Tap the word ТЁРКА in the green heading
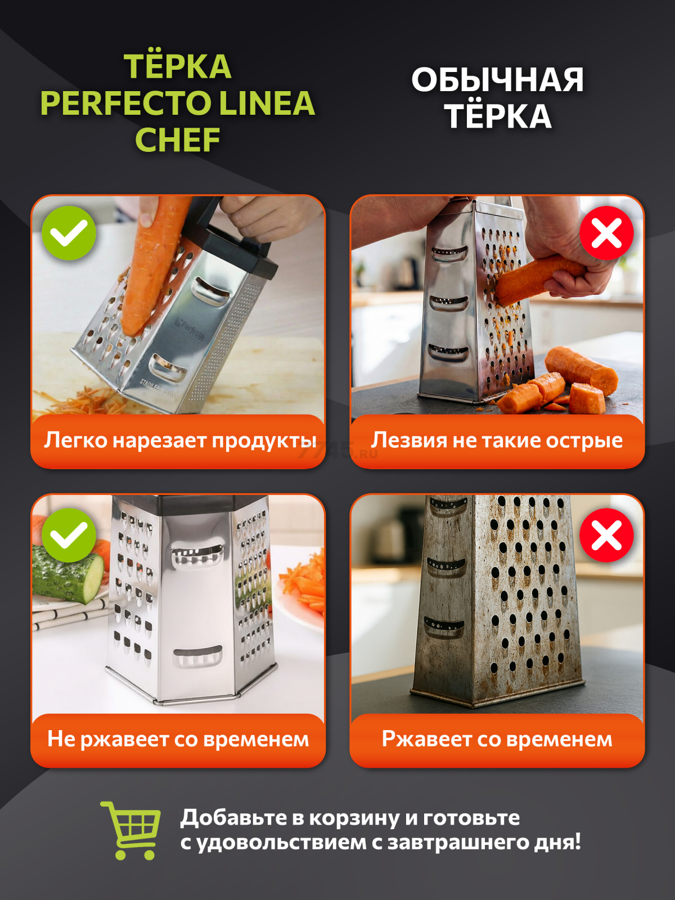[x=177, y=66]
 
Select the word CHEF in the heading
[x=177, y=139]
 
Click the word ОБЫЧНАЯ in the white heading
[x=497, y=80]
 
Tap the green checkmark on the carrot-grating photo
[x=69, y=233]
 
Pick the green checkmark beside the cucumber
[x=69, y=535]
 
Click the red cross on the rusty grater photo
[x=606, y=535]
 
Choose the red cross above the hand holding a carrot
[x=606, y=233]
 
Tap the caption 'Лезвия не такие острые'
[x=497, y=440]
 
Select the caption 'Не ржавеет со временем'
[x=178, y=739]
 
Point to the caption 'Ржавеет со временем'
[x=497, y=739]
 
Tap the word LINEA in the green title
[x=267, y=103]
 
